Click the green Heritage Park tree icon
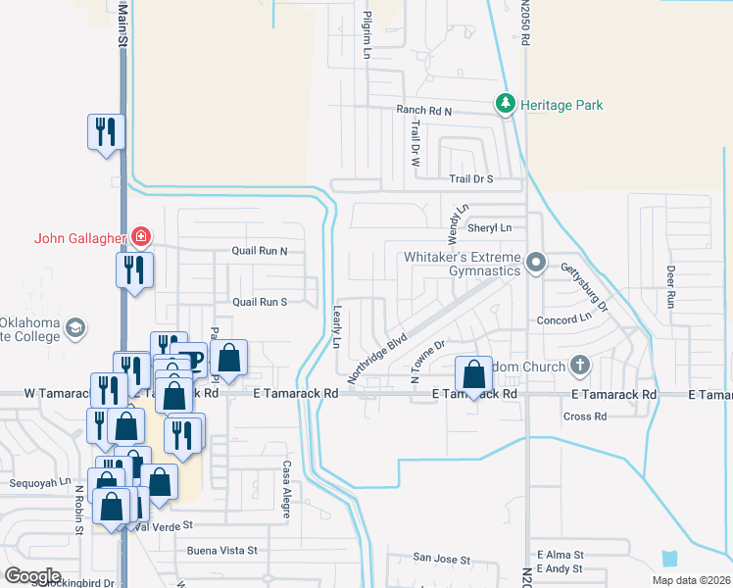tap(506, 104)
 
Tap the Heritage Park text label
tap(562, 105)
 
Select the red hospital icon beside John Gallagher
tap(142, 236)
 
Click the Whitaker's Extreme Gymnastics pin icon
tap(536, 262)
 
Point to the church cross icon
tap(580, 367)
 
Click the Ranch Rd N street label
tap(423, 112)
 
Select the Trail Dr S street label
tap(470, 179)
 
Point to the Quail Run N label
tap(259, 251)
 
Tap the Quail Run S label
tap(259, 302)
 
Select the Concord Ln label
tap(564, 319)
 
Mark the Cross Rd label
tap(585, 416)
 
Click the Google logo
tap(33, 576)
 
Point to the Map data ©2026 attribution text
tap(690, 580)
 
